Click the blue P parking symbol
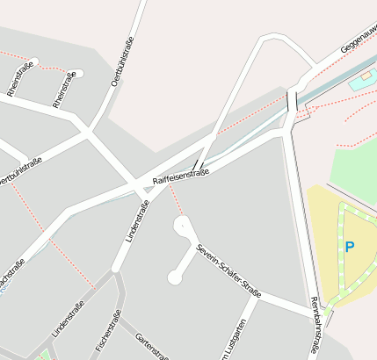(349, 248)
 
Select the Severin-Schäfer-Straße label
(229, 270)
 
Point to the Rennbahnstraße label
(315, 326)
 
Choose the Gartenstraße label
(152, 346)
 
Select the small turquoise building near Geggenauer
(360, 83)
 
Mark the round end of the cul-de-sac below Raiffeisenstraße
(174, 278)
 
